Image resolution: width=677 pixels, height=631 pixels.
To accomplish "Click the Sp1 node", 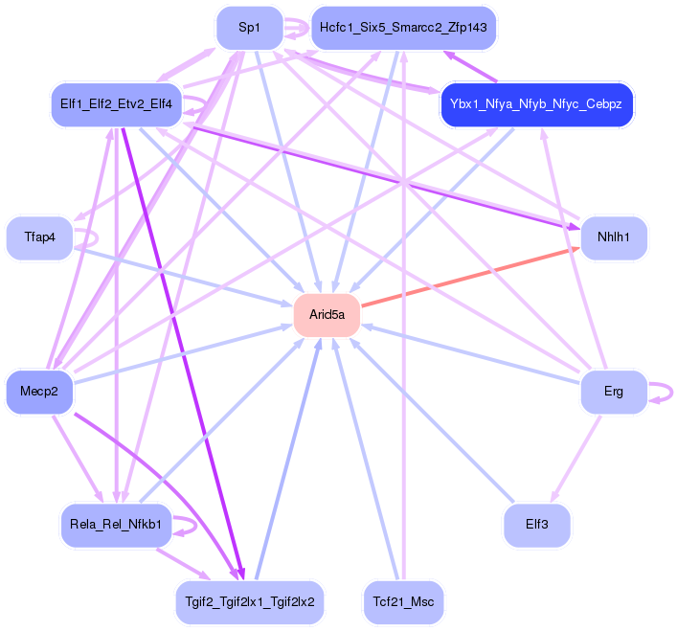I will (x=249, y=28).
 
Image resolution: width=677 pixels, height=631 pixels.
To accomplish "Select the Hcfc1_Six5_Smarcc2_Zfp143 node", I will (x=403, y=28).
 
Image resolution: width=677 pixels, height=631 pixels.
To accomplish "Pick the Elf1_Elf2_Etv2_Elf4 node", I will (x=115, y=103).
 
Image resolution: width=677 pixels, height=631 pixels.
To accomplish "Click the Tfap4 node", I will (x=38, y=237).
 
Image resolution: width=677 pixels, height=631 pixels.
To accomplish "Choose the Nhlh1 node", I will (x=613, y=237).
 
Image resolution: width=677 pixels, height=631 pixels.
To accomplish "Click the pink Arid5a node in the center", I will (x=327, y=314).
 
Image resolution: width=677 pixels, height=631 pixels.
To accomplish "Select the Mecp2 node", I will (x=39, y=391).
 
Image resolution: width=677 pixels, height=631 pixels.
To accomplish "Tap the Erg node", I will (x=613, y=391).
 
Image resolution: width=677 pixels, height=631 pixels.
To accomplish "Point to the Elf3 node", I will (x=536, y=525).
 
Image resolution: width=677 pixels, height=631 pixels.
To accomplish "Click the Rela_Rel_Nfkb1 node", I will (x=115, y=525).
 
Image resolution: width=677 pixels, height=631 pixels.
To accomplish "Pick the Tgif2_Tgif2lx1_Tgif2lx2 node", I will (x=250, y=603).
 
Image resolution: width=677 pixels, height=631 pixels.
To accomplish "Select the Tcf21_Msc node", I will (x=403, y=603).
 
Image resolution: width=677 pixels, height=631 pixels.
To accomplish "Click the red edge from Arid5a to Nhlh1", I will (x=469, y=279).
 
